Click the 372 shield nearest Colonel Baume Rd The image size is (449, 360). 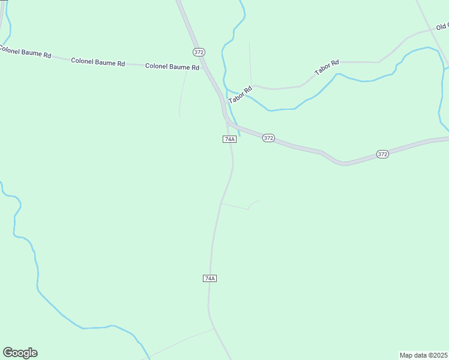pos(199,52)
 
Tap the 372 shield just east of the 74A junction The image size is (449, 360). pos(268,138)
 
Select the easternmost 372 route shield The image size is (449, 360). pos(383,154)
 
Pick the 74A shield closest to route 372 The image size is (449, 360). pos(229,139)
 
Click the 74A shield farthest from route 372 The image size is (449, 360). pos(209,278)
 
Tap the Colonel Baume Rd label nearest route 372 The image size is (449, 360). pos(172,67)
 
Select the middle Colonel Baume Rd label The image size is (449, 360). pos(98,62)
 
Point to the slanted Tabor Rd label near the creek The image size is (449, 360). pos(240,95)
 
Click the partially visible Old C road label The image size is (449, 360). pos(442,27)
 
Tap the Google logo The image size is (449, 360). pos(20,353)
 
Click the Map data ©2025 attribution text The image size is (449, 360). pos(423,355)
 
